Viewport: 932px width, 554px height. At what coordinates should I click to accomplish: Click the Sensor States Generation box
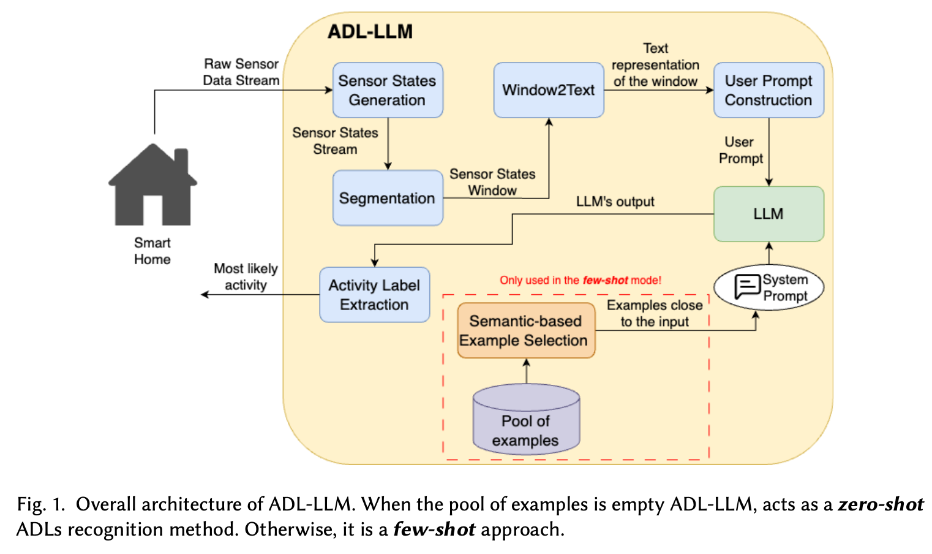pyautogui.click(x=388, y=90)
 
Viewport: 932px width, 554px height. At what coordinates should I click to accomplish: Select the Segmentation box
pyautogui.click(x=388, y=198)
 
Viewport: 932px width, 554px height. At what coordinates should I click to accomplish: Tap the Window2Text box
pyautogui.click(x=549, y=90)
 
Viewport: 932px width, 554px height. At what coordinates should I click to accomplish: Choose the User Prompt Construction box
pyautogui.click(x=769, y=90)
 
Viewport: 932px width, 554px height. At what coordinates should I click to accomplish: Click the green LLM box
pyautogui.click(x=769, y=214)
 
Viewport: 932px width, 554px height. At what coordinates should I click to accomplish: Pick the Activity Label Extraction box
pyautogui.click(x=374, y=295)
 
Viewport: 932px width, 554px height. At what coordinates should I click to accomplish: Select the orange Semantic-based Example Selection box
pyautogui.click(x=525, y=330)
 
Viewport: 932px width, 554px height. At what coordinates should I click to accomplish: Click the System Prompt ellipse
pyautogui.click(x=769, y=287)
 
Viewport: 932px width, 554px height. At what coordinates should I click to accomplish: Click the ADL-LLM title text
pyautogui.click(x=370, y=32)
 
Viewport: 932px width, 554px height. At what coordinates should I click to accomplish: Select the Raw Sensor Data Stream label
pyautogui.click(x=241, y=72)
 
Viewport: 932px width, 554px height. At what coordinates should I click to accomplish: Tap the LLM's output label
pyautogui.click(x=615, y=202)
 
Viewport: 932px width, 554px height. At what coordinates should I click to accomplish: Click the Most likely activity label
pyautogui.click(x=246, y=276)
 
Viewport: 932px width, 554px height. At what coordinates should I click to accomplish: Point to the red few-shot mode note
pyautogui.click(x=580, y=280)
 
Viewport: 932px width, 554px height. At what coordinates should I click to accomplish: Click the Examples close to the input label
pyautogui.click(x=655, y=313)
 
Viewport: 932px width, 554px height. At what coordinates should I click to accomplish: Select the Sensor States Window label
pyautogui.click(x=492, y=182)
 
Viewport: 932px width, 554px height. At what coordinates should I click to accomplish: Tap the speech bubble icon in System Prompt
pyautogui.click(x=747, y=286)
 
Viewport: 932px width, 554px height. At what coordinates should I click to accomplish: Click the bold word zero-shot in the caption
pyautogui.click(x=880, y=504)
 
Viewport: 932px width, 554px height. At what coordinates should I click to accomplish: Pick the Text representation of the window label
pyautogui.click(x=655, y=65)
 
